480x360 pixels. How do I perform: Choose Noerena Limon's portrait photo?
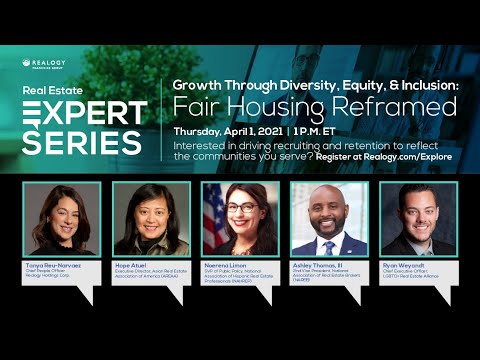tap(240, 219)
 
